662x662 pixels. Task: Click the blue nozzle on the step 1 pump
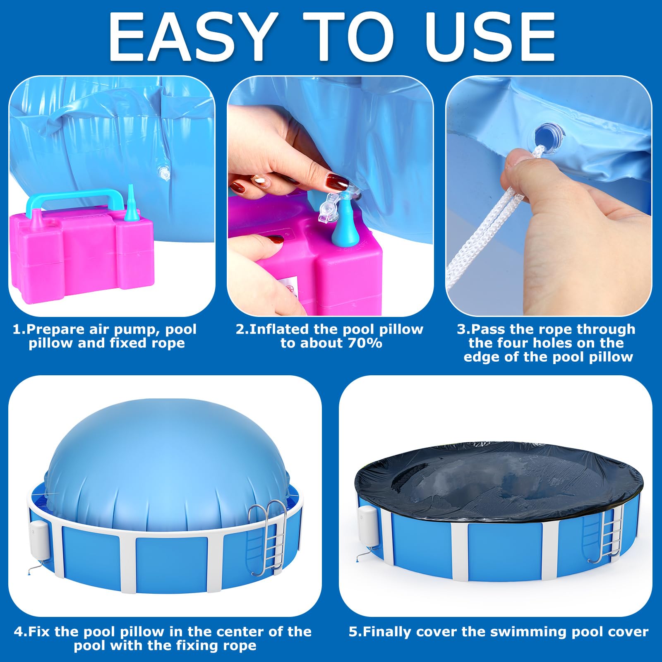(x=131, y=202)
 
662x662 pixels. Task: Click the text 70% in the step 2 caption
(x=365, y=343)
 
